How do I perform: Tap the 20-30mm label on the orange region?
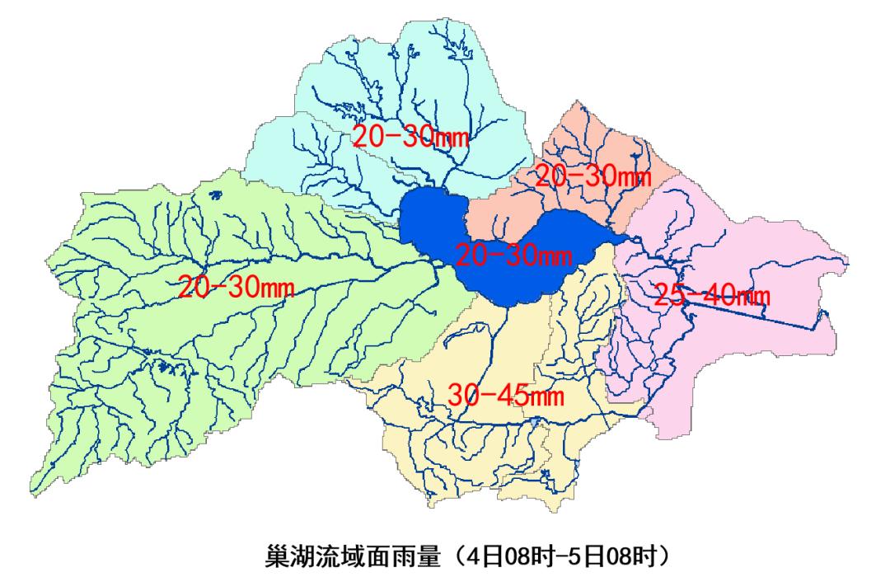coord(593,175)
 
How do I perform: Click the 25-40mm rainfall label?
coord(712,294)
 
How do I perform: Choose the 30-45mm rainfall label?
coord(506,395)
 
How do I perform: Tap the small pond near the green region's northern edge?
coord(216,195)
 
